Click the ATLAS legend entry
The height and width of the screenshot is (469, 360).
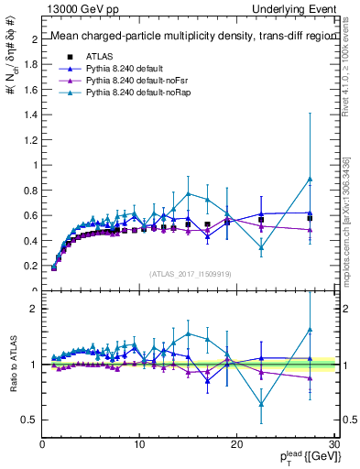pos(100,57)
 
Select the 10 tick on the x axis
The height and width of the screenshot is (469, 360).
pos(139,443)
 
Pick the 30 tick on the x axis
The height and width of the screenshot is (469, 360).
pos(333,443)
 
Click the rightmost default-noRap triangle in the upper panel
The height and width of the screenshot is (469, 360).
pos(310,179)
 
